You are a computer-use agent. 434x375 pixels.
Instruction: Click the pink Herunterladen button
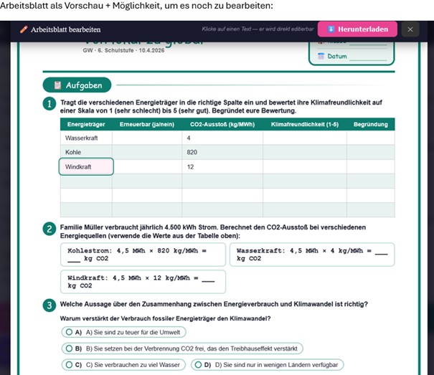pyautogui.click(x=357, y=29)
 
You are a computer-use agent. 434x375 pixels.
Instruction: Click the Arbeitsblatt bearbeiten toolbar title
pyautogui.click(x=65, y=29)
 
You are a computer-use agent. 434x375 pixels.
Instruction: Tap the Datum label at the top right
pyautogui.click(x=337, y=56)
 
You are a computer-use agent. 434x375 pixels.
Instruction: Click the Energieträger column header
pyautogui.click(x=81, y=124)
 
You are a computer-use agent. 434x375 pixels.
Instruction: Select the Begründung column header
pyautogui.click(x=371, y=124)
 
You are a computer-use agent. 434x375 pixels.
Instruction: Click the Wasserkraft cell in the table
pyautogui.click(x=82, y=138)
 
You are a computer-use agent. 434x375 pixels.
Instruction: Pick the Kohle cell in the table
pyautogui.click(x=73, y=152)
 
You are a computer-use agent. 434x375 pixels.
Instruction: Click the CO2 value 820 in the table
pyautogui.click(x=192, y=152)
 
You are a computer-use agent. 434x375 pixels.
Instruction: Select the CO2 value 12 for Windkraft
pyautogui.click(x=190, y=166)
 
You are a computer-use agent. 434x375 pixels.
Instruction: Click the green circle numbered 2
pyautogui.click(x=49, y=229)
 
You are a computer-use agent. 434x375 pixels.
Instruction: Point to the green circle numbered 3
pyautogui.click(x=49, y=305)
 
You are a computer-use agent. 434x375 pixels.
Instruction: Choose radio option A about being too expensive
pyautogui.click(x=69, y=332)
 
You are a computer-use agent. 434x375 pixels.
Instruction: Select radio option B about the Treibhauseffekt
pyautogui.click(x=69, y=348)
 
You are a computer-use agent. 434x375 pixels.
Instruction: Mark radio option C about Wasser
pyautogui.click(x=69, y=364)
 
